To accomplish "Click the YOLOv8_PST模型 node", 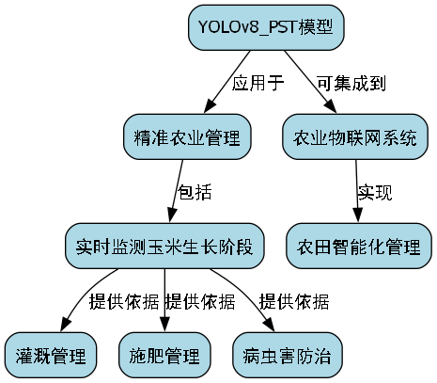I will click(266, 27).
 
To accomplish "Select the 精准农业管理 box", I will click(187, 137).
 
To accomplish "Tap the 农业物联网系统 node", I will click(355, 137).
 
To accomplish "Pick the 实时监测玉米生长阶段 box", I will click(164, 247).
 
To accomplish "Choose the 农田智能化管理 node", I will click(359, 247).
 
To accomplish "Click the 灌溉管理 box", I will click(52, 356).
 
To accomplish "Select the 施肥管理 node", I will click(164, 356).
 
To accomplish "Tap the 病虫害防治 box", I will click(287, 356).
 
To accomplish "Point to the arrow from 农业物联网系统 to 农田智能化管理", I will click(357, 192).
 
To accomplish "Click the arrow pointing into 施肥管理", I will click(164, 301).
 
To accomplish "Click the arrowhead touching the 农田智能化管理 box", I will click(358, 218).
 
